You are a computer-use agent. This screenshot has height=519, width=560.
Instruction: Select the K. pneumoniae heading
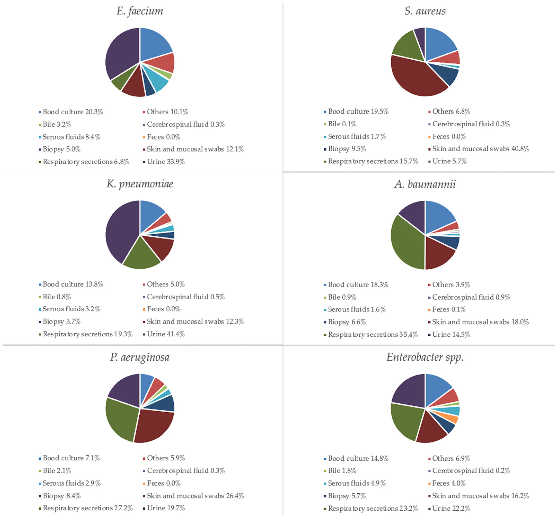point(140,184)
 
